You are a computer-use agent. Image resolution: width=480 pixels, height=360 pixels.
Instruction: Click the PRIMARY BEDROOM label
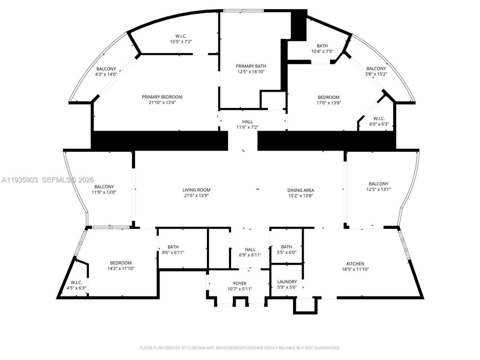[162, 97]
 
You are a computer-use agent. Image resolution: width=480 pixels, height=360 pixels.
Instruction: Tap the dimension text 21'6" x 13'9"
[196, 196]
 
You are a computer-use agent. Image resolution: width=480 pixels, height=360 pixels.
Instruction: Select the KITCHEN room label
[355, 264]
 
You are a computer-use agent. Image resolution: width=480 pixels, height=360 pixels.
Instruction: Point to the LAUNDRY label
[287, 282]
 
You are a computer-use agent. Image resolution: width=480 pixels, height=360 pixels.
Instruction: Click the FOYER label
[240, 283]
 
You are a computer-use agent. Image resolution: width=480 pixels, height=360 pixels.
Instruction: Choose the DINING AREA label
[300, 190]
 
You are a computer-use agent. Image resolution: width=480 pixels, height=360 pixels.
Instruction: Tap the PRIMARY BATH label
[251, 66]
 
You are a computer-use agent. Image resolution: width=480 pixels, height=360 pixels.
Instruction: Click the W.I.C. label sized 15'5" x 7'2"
[181, 36]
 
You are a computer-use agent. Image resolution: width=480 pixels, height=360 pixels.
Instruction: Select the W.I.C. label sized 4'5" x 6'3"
[76, 282]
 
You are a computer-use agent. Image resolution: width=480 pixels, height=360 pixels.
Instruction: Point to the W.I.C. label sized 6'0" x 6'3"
[379, 119]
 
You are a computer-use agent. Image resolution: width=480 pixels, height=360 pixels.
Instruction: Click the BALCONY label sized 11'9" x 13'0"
[104, 187]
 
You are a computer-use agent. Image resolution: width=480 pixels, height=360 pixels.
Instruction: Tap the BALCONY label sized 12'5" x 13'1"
[378, 184]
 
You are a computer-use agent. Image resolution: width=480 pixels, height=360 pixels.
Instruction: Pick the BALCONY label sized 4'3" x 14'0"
[106, 69]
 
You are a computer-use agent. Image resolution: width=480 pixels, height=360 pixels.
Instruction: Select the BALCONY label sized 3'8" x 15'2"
[376, 69]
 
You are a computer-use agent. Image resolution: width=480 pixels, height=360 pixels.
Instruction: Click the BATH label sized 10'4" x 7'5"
[322, 46]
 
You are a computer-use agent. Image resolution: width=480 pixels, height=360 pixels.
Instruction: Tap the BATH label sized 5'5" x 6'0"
[286, 247]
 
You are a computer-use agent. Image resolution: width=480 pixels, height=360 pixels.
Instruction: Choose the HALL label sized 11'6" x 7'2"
[247, 122]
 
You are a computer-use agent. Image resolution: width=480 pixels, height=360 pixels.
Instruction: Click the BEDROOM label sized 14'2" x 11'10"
[121, 263]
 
